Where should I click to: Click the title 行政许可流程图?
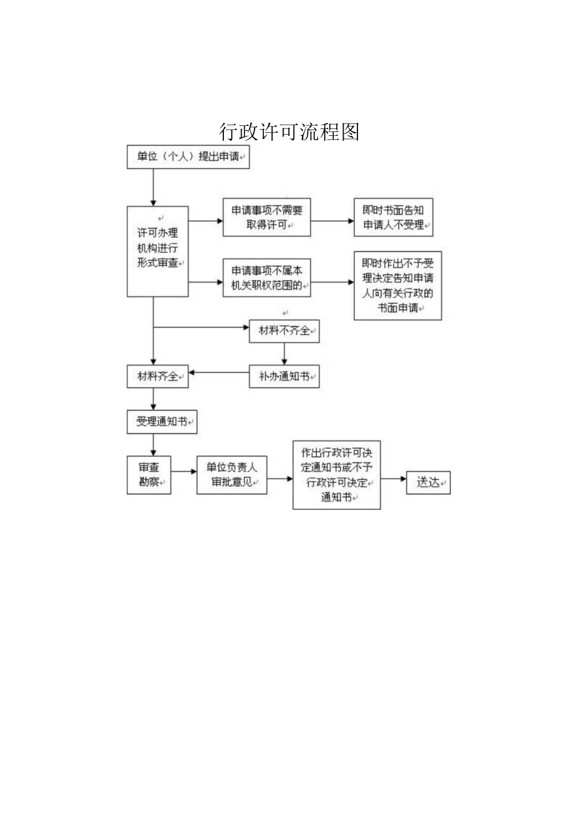[289, 132]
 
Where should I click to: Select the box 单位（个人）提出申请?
[188, 157]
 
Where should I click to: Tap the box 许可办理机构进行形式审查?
[157, 251]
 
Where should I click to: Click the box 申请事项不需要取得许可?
[267, 217]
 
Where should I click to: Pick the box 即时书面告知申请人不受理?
[393, 217]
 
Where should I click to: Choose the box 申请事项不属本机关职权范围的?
[267, 278]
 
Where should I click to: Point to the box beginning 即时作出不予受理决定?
[398, 285]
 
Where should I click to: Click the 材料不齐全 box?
[284, 331]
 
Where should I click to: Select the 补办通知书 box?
[284, 376]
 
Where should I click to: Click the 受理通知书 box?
[162, 422]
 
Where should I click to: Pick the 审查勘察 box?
[149, 474]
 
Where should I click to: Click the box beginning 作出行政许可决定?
[336, 474]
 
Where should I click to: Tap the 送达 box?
[428, 482]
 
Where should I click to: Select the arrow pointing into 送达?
[394, 479]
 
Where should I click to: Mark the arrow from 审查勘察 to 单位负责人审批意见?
[184, 471]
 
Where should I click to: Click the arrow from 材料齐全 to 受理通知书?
[153, 400]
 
